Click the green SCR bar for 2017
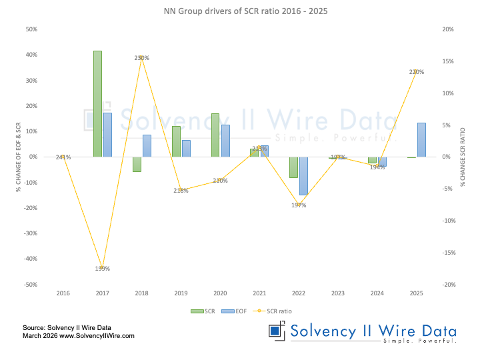97,104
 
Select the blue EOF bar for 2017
107,135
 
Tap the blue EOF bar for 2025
421,140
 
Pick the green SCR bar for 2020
215,135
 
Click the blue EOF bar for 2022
303,176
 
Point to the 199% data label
102,269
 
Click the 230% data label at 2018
141,58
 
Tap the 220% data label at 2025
417,71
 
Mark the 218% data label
181,191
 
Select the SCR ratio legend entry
273,311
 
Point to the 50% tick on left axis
30,29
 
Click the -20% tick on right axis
448,285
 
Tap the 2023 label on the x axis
338,293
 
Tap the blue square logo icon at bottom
275,331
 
